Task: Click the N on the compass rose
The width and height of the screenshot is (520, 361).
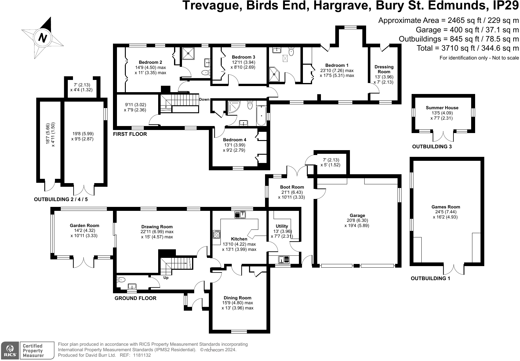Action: pyautogui.click(x=43, y=38)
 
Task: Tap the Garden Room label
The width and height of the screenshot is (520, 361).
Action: pyautogui.click(x=85, y=226)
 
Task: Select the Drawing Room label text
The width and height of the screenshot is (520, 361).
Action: pyautogui.click(x=157, y=227)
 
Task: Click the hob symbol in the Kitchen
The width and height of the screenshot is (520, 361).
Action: pyautogui.click(x=216, y=234)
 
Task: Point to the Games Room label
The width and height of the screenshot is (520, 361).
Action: pyautogui.click(x=445, y=207)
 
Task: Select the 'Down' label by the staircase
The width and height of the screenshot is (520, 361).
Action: pyautogui.click(x=204, y=99)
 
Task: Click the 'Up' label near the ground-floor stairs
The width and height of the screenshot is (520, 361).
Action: pyautogui.click(x=166, y=278)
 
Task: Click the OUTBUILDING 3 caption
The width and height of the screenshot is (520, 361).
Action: pyautogui.click(x=432, y=147)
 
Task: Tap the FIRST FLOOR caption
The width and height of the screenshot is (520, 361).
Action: pyautogui.click(x=130, y=134)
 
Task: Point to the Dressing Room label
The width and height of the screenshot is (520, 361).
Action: pyautogui.click(x=384, y=69)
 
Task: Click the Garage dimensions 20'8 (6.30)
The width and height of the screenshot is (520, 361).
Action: pyautogui.click(x=357, y=220)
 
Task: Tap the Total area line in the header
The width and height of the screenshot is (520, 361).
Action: pyautogui.click(x=468, y=48)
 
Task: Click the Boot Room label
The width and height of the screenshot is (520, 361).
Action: pyautogui.click(x=292, y=187)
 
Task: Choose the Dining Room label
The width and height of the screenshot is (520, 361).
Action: pyautogui.click(x=237, y=298)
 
